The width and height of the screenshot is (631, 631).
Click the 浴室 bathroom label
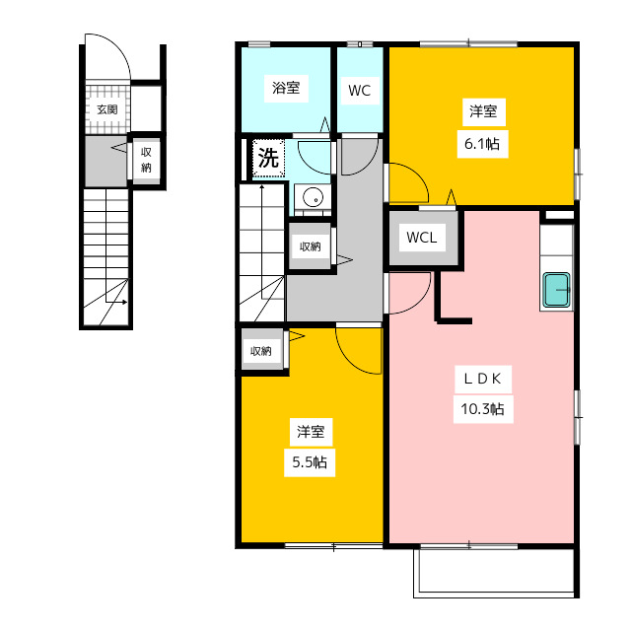pyautogui.click(x=286, y=88)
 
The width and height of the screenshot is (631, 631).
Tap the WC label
pyautogui.click(x=359, y=91)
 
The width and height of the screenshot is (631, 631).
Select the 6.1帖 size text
pyautogui.click(x=482, y=144)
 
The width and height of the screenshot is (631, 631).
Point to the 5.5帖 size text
pyautogui.click(x=310, y=462)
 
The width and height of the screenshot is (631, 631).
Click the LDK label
pyautogui.click(x=483, y=379)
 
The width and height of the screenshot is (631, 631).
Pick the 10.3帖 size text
pyautogui.click(x=482, y=409)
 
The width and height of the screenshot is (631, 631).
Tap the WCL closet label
pyautogui.click(x=422, y=238)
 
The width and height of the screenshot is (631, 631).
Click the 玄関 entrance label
pyautogui.click(x=107, y=109)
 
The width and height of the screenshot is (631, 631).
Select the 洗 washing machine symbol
pyautogui.click(x=268, y=158)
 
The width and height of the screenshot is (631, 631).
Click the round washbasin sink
pyautogui.click(x=313, y=198)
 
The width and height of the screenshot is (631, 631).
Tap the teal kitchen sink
pyautogui.click(x=557, y=290)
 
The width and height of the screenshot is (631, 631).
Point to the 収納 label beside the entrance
pyautogui.click(x=146, y=160)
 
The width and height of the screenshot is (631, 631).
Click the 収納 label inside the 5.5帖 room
pyautogui.click(x=260, y=351)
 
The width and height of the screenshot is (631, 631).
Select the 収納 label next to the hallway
pyautogui.click(x=310, y=246)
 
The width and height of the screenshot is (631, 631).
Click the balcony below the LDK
pyautogui.click(x=496, y=572)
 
